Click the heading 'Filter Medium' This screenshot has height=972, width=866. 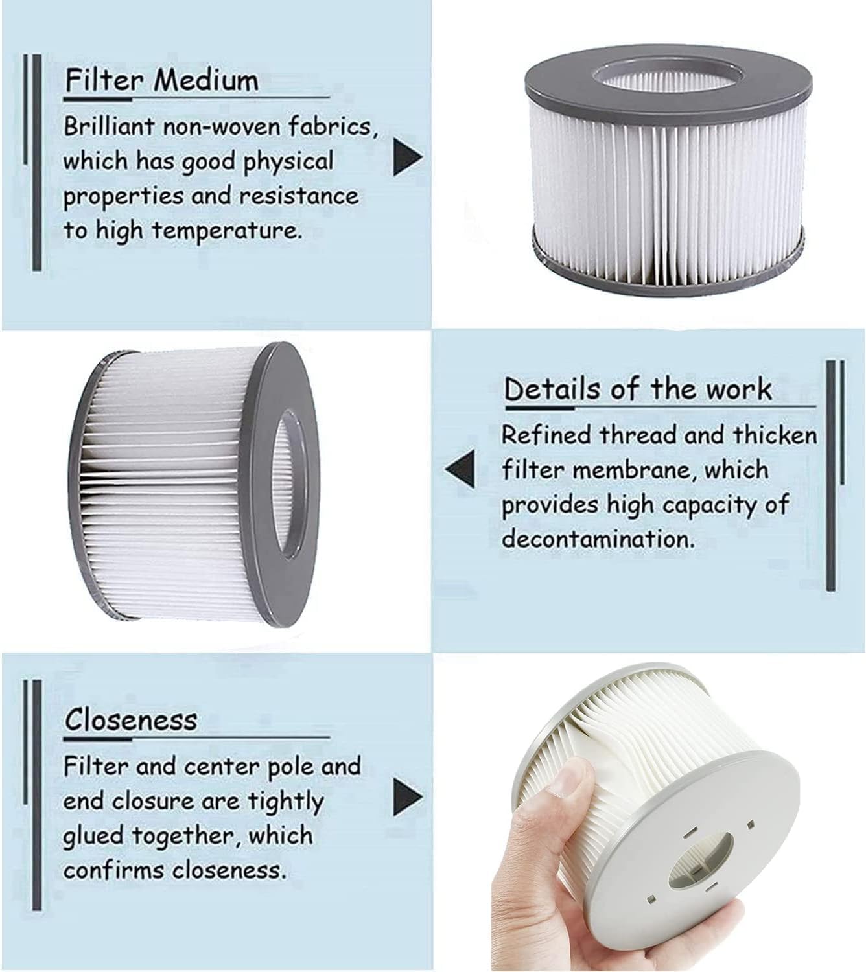[161, 81]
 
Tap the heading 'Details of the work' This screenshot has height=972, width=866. [638, 389]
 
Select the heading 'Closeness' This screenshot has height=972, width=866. [130, 719]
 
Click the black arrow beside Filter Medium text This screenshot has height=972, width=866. [406, 157]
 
